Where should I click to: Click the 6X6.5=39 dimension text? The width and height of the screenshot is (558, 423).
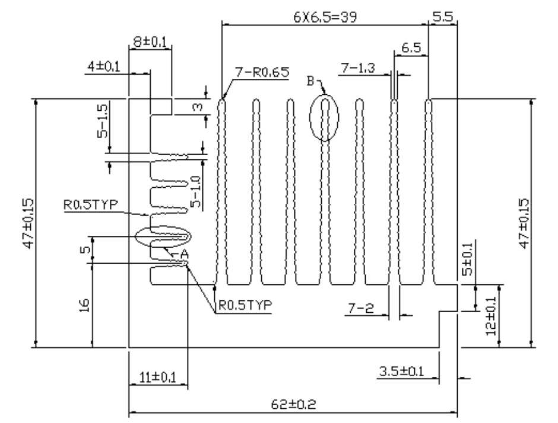[x=325, y=17]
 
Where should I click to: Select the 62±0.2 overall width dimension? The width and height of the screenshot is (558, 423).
[x=293, y=404]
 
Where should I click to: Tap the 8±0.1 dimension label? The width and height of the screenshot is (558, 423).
[x=150, y=42]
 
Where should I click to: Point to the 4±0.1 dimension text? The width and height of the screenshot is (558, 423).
[x=104, y=66]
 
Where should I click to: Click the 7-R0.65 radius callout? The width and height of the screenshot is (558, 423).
[x=262, y=72]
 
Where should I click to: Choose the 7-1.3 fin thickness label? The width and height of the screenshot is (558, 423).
[x=358, y=68]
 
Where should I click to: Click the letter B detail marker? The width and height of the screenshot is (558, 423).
[x=310, y=81]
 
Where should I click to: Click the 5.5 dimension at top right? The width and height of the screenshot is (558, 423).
[x=443, y=17]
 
